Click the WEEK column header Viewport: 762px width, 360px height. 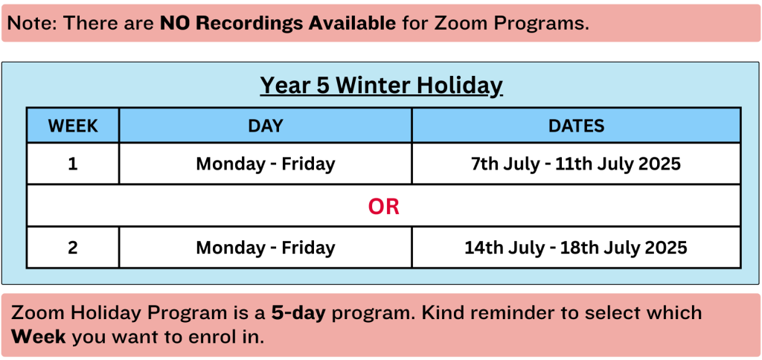(73, 126)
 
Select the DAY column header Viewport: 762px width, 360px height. (266, 126)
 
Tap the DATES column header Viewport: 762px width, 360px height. (577, 126)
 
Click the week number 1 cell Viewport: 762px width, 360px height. (73, 164)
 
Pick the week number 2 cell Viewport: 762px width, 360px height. (73, 247)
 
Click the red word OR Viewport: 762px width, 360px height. (384, 207)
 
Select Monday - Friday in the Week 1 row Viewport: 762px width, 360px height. (266, 164)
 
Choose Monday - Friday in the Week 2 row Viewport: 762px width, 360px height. (266, 248)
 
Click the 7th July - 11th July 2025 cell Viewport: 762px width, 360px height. (576, 164)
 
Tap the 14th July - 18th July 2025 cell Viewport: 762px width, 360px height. (576, 248)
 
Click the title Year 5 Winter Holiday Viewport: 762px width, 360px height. (382, 86)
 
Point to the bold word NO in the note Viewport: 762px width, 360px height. (172, 23)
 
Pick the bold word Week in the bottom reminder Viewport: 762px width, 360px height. (39, 336)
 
